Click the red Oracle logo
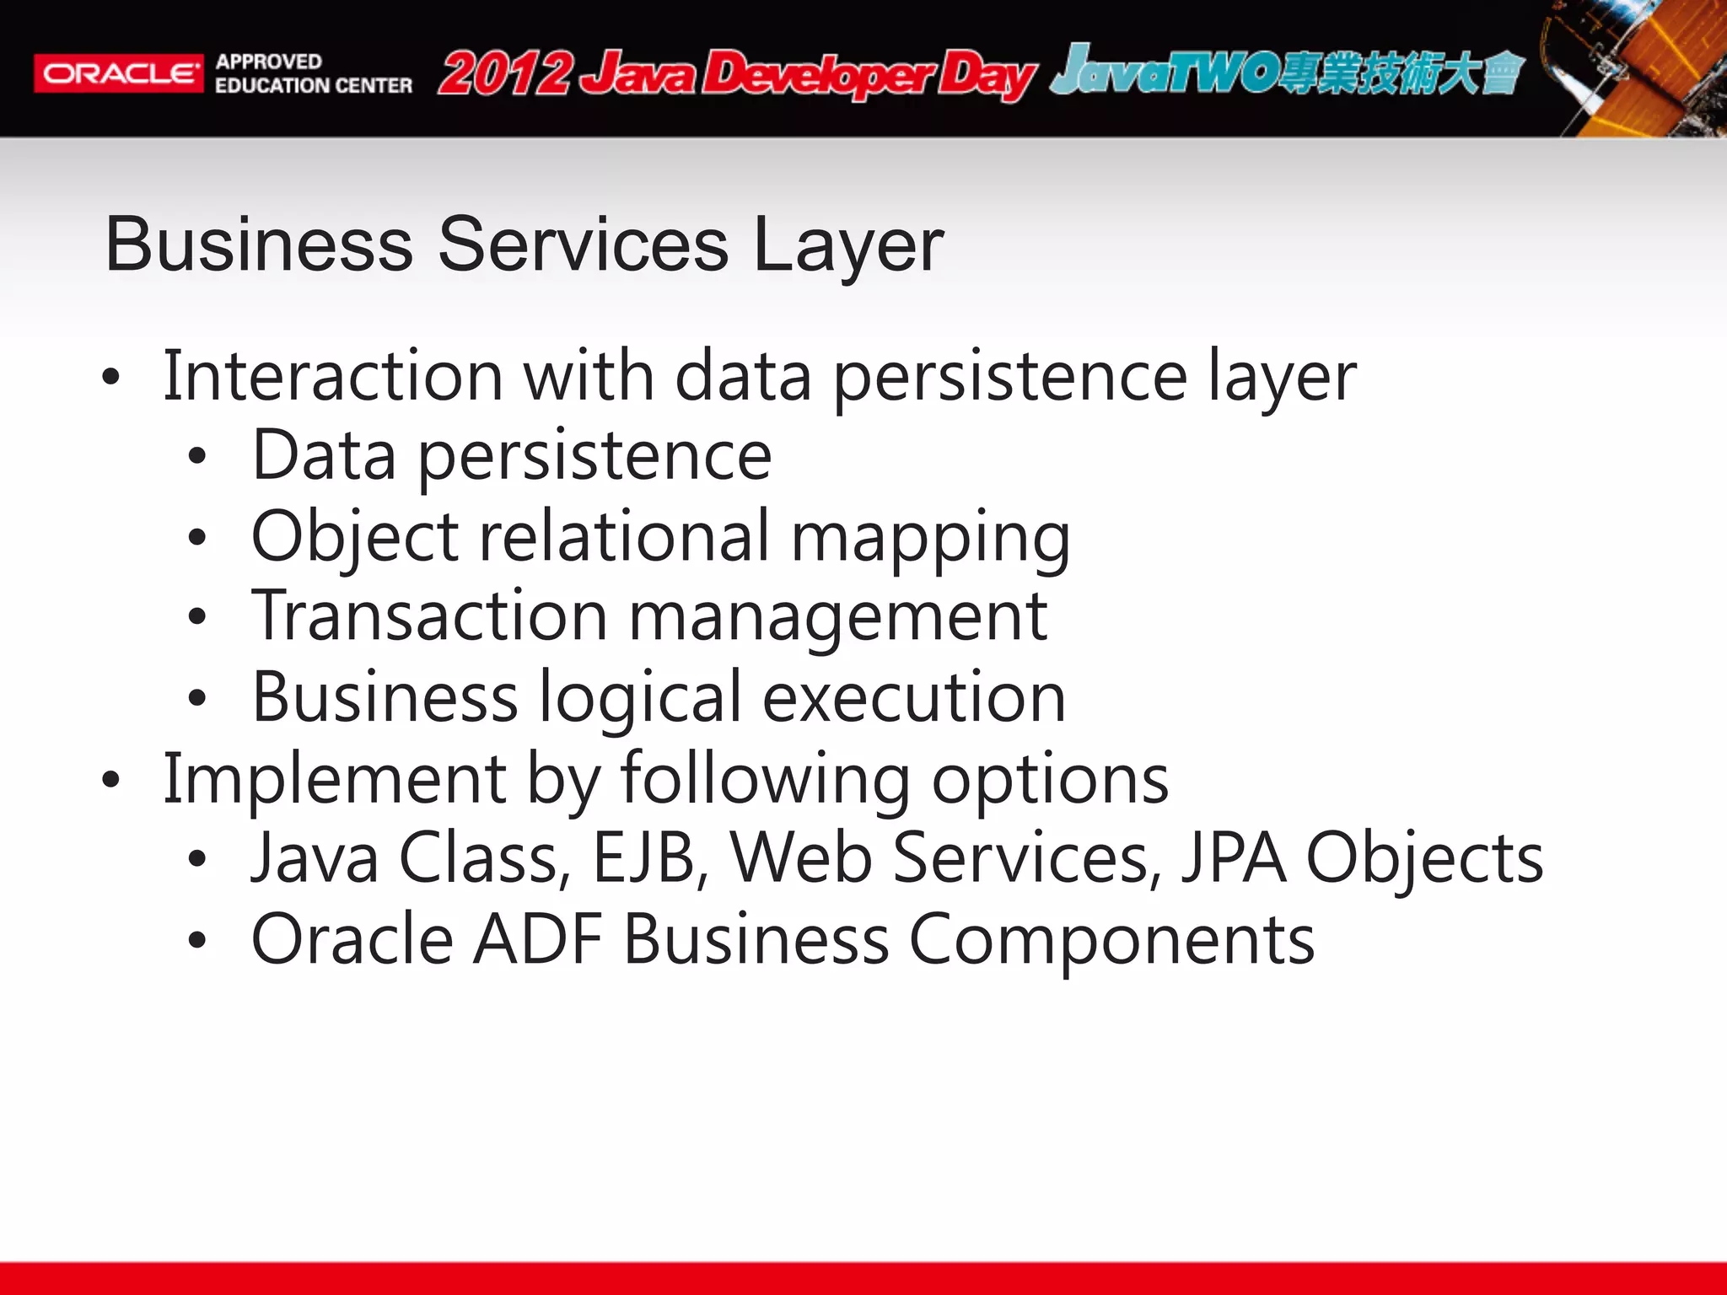pyautogui.click(x=118, y=73)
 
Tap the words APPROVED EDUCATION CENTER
pyautogui.click(x=313, y=73)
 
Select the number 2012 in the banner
pyautogui.click(x=505, y=73)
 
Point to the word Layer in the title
pyautogui.click(x=847, y=244)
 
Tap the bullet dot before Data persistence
pyautogui.click(x=197, y=457)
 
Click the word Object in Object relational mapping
pyautogui.click(x=354, y=537)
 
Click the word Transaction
pyautogui.click(x=429, y=616)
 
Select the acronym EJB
pyautogui.click(x=645, y=857)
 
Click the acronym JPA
pyautogui.click(x=1233, y=857)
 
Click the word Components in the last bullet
pyautogui.click(x=1111, y=940)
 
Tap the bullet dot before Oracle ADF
pyautogui.click(x=197, y=940)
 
